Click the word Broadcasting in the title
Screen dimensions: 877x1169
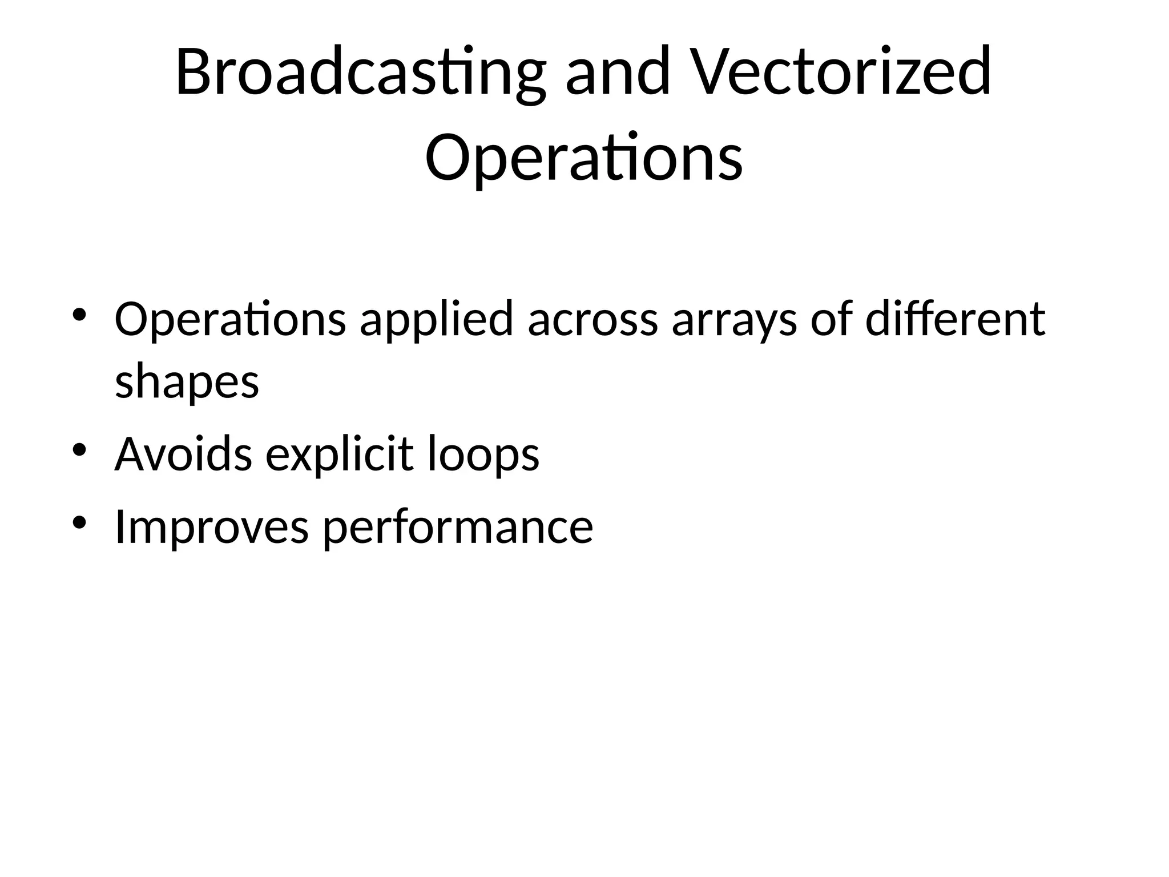(360, 73)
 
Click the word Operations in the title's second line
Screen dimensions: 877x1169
(583, 157)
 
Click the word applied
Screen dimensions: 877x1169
(437, 320)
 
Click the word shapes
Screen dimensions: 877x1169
(187, 383)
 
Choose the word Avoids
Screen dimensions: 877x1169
(183, 454)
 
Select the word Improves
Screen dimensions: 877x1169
(212, 527)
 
